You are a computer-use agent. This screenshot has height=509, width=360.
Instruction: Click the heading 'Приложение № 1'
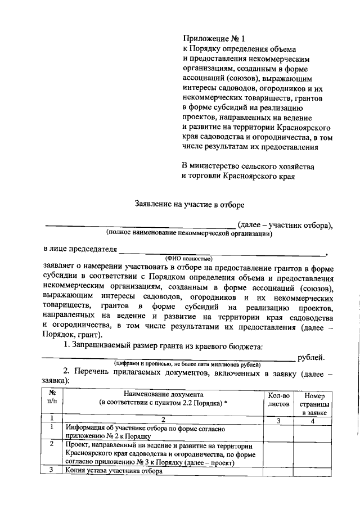click(214, 39)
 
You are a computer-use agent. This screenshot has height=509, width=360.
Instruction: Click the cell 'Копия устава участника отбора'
click(114, 472)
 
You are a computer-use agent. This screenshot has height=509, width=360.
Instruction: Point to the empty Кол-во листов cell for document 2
click(278, 454)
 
